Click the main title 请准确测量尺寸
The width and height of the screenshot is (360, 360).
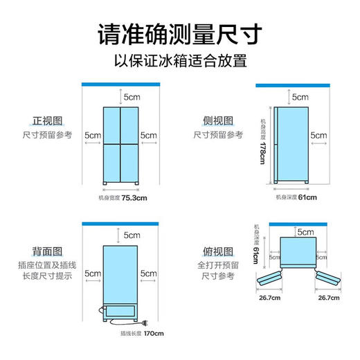[x=180, y=34]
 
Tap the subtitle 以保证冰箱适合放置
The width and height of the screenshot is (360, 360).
[x=180, y=62]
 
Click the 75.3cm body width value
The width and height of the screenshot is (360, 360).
[x=134, y=198]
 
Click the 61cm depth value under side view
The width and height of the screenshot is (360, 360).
[x=307, y=198]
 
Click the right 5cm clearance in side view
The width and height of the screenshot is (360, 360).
[x=318, y=135]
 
